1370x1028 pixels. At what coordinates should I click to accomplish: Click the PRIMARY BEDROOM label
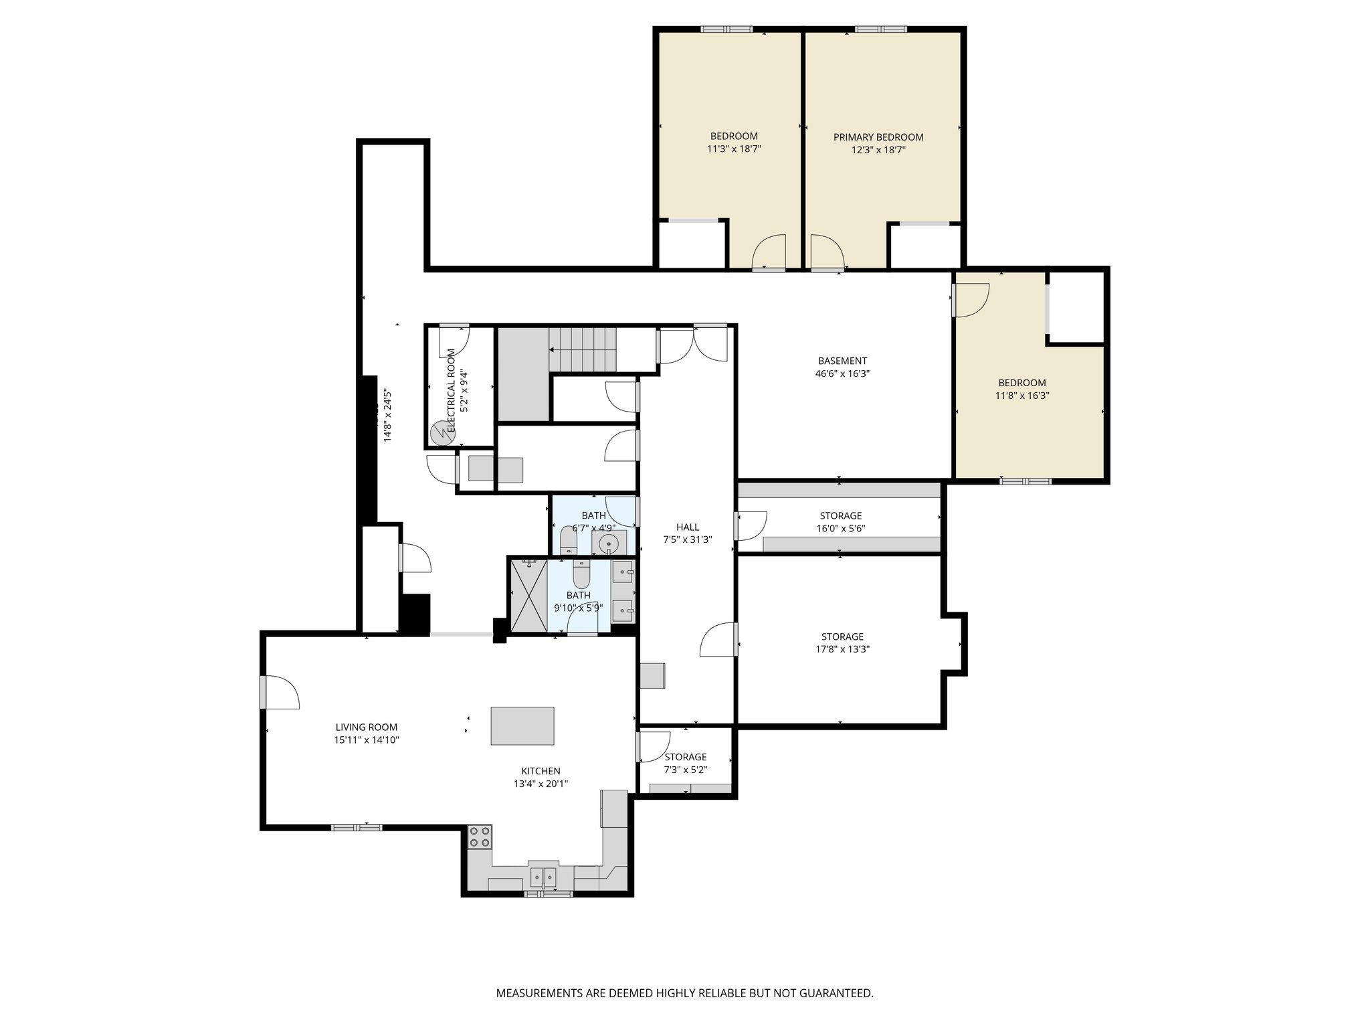[878, 137]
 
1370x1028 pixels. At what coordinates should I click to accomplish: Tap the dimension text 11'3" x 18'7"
[734, 150]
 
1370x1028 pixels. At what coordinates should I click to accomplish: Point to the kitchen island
[522, 725]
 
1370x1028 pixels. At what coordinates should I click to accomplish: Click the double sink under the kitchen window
[543, 876]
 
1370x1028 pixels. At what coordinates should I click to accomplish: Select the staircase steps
[582, 349]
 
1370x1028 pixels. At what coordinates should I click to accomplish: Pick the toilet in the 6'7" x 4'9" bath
[568, 539]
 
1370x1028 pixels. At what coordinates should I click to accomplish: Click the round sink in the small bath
[608, 543]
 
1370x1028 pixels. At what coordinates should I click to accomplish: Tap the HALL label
[687, 527]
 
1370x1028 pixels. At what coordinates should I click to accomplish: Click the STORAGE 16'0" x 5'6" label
[840, 516]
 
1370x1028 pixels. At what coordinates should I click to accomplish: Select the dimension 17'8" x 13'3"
[842, 649]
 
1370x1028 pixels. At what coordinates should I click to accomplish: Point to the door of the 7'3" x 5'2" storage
[653, 746]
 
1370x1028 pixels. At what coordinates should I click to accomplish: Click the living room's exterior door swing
[280, 693]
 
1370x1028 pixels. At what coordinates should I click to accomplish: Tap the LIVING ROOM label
[366, 727]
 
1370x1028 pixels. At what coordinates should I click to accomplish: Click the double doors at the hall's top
[692, 345]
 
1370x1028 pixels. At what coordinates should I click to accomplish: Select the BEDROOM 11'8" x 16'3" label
[1021, 383]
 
